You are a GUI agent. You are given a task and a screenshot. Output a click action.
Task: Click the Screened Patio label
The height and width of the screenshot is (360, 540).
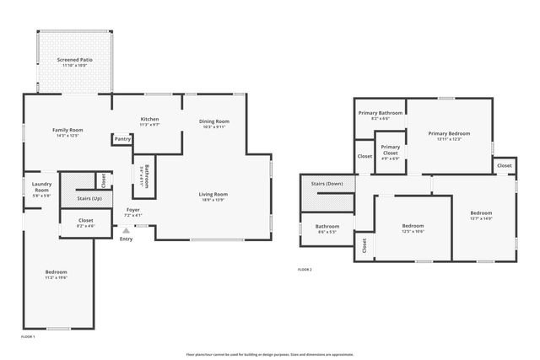(75, 61)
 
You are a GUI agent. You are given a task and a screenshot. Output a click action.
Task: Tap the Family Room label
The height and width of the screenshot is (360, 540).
(67, 130)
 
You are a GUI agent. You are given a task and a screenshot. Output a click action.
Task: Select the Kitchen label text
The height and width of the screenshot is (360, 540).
(149, 119)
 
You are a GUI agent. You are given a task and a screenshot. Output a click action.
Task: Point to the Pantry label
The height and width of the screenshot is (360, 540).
(121, 140)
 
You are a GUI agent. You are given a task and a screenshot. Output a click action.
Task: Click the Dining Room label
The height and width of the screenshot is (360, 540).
(214, 121)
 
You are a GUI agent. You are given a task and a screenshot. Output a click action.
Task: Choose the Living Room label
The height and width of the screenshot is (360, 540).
(213, 194)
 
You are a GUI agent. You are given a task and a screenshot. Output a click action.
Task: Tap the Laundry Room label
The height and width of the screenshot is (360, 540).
(41, 187)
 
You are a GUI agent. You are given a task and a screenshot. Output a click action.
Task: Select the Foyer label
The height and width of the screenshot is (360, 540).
(133, 209)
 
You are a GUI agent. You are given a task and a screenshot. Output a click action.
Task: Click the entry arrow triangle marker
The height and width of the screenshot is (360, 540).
(127, 229)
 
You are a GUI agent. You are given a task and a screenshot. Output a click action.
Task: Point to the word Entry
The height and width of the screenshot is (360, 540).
(127, 239)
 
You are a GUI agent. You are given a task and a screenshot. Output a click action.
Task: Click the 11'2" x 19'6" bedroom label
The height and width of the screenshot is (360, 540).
(57, 272)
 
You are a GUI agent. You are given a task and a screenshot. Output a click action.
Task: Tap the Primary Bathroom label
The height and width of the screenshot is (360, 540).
(380, 113)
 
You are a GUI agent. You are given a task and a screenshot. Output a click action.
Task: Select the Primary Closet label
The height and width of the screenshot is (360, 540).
(390, 149)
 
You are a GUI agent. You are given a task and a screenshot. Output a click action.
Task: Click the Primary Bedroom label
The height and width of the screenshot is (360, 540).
(449, 133)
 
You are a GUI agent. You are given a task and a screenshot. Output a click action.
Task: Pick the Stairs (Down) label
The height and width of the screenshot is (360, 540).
(327, 183)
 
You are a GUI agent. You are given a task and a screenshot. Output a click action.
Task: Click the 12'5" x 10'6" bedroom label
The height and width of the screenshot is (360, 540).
(413, 226)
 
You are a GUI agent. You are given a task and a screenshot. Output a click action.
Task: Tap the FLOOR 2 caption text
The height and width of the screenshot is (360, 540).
(305, 270)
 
